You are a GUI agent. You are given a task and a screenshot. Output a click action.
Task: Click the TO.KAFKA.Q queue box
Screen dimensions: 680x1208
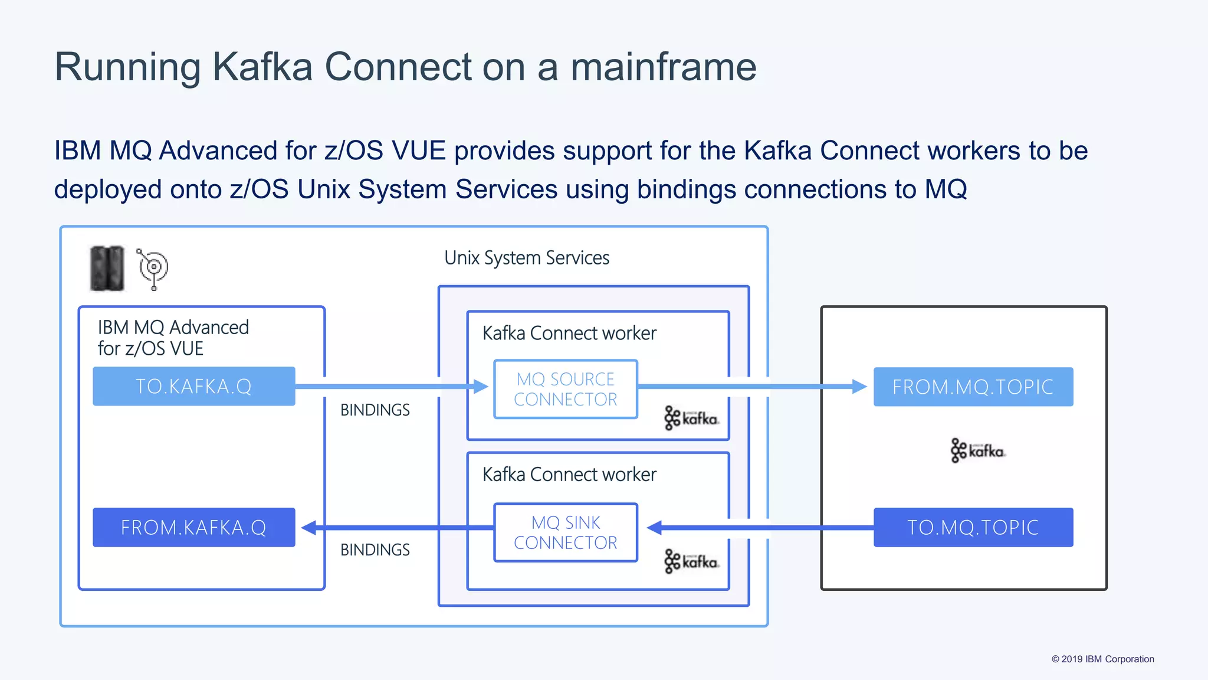[x=193, y=387]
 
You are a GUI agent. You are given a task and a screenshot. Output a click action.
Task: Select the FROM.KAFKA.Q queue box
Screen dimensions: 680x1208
[x=193, y=527]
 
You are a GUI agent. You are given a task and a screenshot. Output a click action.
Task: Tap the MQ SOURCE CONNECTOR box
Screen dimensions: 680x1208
[x=565, y=389]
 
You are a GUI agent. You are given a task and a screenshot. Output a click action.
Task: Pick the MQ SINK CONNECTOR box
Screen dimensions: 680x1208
[x=565, y=532]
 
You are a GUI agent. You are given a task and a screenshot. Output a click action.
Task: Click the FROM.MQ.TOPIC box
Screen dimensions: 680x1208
[x=973, y=387]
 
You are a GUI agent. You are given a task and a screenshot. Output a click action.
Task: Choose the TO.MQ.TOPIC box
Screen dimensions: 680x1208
[x=973, y=527]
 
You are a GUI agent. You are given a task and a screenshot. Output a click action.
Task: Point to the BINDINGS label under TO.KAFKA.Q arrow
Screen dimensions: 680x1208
[x=375, y=410]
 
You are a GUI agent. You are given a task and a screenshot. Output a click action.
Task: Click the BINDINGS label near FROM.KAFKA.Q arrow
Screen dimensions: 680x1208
[x=375, y=550]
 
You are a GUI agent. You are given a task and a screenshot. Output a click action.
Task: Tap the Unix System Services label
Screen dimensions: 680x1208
[x=526, y=258]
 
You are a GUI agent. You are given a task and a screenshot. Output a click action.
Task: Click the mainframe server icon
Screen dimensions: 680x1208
[x=107, y=269]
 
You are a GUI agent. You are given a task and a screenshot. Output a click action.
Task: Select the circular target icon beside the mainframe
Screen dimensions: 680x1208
[x=153, y=268]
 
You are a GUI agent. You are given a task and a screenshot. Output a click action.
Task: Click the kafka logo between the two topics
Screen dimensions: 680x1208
[x=977, y=450]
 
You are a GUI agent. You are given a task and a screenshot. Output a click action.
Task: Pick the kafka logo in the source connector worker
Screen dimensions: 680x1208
[x=691, y=418]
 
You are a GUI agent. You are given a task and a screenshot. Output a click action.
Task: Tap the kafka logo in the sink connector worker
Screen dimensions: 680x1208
[x=691, y=561]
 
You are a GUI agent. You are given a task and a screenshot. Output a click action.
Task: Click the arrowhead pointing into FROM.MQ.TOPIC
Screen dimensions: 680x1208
[x=859, y=387]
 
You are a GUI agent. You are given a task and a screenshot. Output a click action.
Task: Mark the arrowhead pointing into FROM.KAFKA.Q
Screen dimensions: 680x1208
[x=309, y=527]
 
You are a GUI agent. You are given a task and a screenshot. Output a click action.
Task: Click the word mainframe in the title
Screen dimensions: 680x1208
[x=663, y=67]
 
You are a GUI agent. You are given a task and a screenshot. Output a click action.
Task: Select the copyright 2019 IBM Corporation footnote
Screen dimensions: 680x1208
[x=1102, y=659]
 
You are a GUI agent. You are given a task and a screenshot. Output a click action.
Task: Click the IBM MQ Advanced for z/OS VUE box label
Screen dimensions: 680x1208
[x=173, y=338]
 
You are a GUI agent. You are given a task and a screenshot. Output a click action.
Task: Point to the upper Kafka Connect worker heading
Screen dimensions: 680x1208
[x=569, y=334]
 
